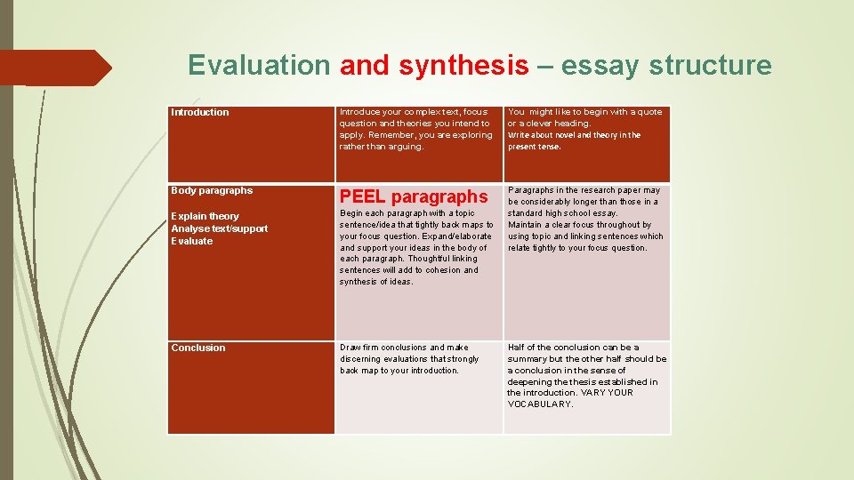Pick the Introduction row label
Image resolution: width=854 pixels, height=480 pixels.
[x=200, y=112]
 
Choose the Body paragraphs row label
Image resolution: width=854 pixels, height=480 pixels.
[x=212, y=190]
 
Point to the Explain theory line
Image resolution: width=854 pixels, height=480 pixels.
[x=205, y=216]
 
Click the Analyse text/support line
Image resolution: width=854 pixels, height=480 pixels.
[x=219, y=228]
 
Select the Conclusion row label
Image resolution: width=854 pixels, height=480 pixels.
[x=198, y=348]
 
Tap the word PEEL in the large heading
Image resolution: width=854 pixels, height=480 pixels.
[x=363, y=196]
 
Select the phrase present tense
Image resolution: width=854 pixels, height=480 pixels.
[x=534, y=147]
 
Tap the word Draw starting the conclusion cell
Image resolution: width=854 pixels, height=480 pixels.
[x=350, y=348]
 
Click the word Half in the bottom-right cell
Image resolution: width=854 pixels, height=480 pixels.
[x=517, y=348]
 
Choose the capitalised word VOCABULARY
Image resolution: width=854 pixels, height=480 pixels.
[x=540, y=404]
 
